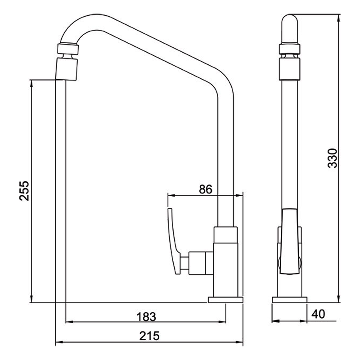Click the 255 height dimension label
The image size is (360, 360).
tap(24, 191)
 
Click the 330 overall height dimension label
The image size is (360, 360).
tap(333, 158)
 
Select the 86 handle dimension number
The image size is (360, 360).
tap(206, 189)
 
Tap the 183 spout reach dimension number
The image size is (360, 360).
tap(146, 317)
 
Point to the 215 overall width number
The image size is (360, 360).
tap(149, 336)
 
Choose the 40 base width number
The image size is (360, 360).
tap(318, 314)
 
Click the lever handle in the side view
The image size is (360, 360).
tap(289, 242)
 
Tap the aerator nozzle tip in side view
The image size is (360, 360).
tap(289, 69)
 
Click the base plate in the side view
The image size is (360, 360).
tap(289, 300)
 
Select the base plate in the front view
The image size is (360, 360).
tap(225, 300)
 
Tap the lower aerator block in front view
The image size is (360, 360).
tap(66, 69)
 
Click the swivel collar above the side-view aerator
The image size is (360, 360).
tap(289, 49)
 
